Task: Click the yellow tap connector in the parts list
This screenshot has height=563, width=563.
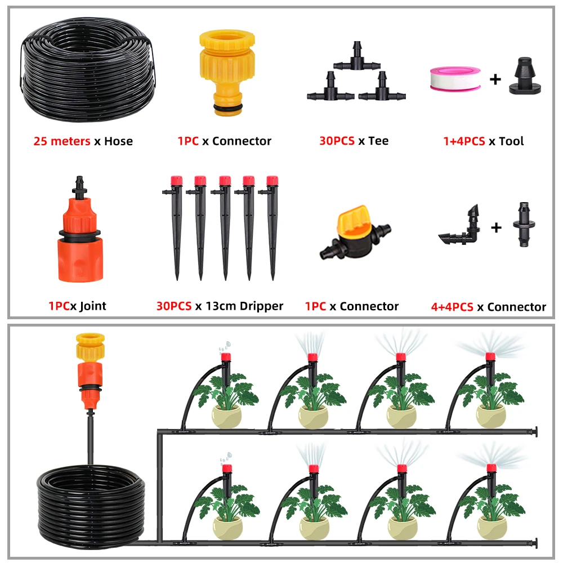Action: click(227, 73)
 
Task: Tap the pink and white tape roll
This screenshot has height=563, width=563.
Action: click(455, 79)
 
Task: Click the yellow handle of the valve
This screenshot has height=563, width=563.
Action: click(354, 220)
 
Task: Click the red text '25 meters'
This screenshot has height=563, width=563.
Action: click(62, 141)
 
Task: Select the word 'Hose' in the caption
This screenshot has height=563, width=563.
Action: click(118, 141)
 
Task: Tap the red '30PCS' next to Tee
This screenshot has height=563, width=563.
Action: click(337, 141)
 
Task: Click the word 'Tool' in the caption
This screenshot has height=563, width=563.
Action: click(511, 141)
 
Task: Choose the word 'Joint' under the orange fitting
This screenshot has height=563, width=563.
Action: click(93, 306)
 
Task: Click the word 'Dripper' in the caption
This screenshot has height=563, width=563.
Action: click(261, 306)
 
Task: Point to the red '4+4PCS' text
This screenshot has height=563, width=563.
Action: click(452, 307)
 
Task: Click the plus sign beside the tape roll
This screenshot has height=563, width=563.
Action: click(495, 79)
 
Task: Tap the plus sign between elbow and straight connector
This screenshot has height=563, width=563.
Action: click(496, 227)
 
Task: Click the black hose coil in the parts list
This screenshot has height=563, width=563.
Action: click(88, 70)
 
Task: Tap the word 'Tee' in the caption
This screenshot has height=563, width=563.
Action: click(378, 141)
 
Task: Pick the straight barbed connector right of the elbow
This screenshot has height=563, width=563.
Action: click(524, 225)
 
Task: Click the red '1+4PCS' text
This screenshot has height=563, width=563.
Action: click(464, 141)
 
